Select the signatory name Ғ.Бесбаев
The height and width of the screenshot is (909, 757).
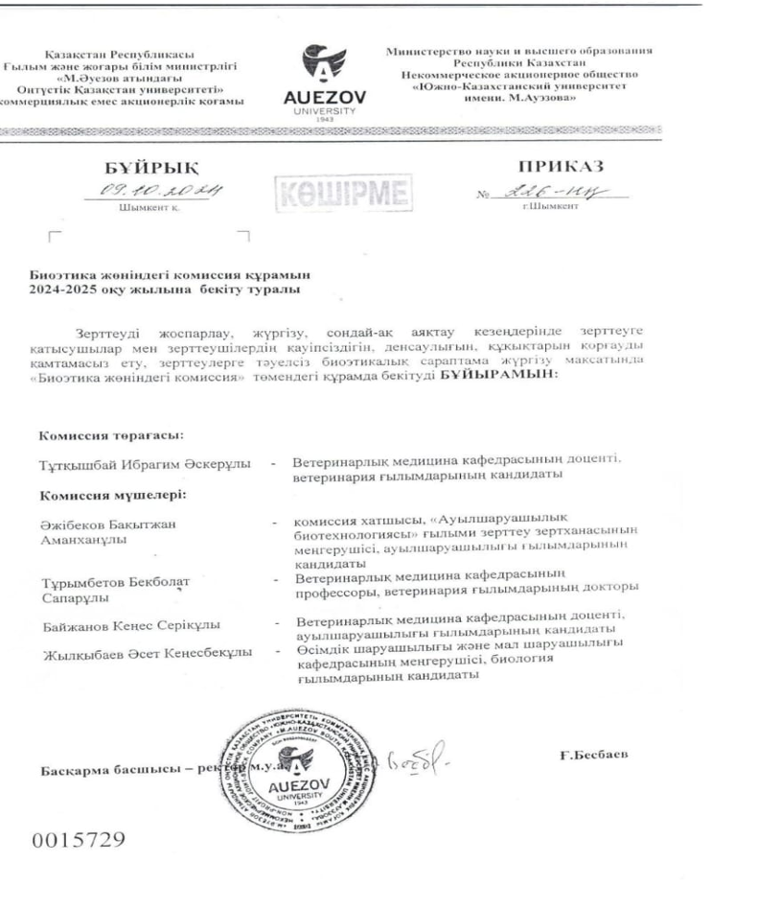[594, 755]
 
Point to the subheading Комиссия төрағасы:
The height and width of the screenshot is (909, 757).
[110, 435]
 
